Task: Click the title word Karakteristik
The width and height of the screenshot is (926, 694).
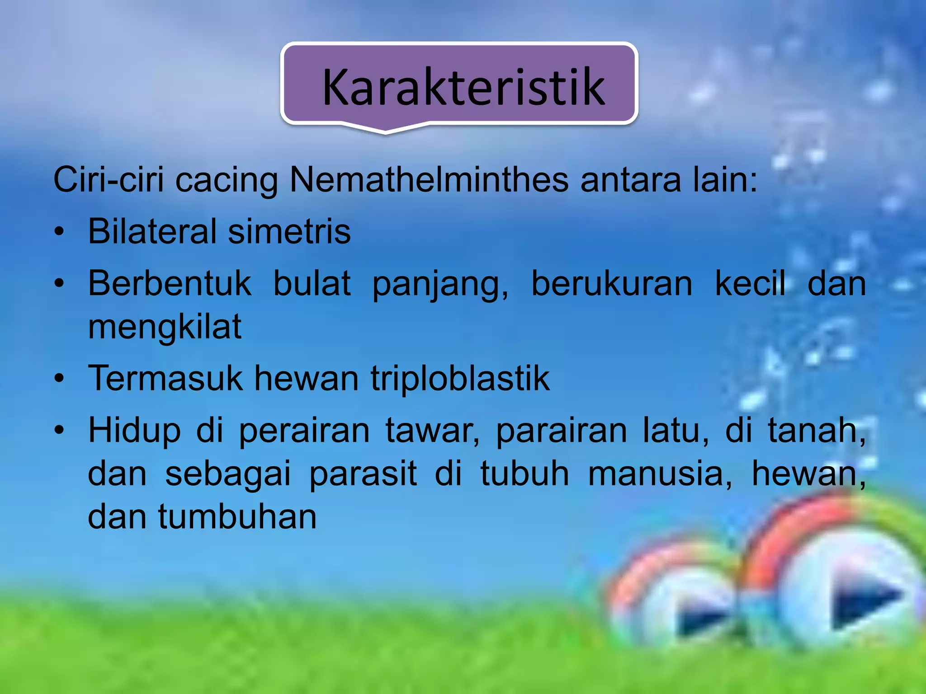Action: coord(463,87)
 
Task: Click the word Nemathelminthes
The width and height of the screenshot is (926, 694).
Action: coord(429,180)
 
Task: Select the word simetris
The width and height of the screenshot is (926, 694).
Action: coord(289,231)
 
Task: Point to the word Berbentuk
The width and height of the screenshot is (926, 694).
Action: coord(170,284)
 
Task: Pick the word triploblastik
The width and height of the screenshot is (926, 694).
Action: coord(460,379)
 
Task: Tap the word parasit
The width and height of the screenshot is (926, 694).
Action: coord(363,474)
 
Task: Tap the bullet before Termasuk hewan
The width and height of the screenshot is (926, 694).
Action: coord(59,379)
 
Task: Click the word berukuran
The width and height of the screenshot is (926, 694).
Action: coord(611,284)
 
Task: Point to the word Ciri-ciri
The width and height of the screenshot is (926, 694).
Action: coord(109,180)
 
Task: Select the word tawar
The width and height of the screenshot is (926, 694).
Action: coord(432,431)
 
